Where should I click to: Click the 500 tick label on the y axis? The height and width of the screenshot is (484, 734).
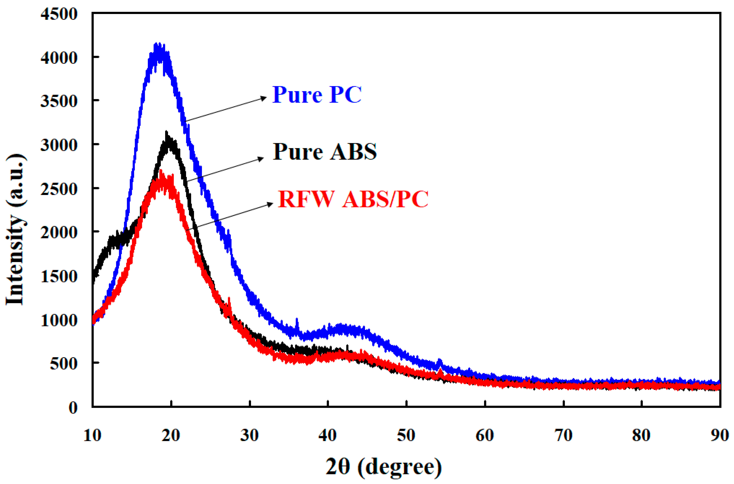pyautogui.click(x=63, y=364)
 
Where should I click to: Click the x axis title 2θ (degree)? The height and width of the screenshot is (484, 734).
pyautogui.click(x=384, y=467)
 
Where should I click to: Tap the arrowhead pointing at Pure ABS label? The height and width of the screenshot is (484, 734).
pyautogui.click(x=261, y=159)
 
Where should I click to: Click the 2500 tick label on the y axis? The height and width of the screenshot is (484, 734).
pyautogui.click(x=59, y=189)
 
